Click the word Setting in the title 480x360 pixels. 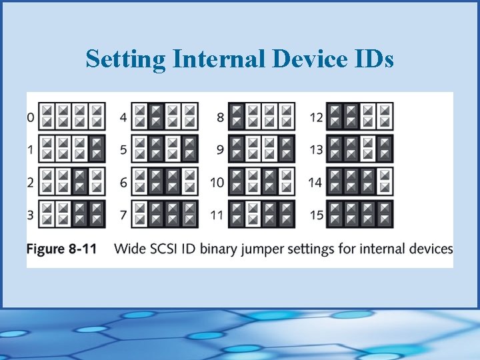[x=126, y=59]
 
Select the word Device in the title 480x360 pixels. [x=308, y=59]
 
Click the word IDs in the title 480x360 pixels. [x=373, y=59]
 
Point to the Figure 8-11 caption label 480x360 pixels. [x=61, y=249]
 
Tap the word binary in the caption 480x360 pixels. [x=218, y=249]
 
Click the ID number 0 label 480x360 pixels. [x=31, y=117]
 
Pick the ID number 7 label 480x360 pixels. [x=123, y=215]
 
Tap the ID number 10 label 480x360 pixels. [x=217, y=183]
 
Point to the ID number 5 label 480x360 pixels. [x=123, y=150]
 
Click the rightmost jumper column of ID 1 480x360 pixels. [x=97, y=149]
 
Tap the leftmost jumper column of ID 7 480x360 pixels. [x=140, y=214]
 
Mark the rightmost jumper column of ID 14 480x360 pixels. [x=385, y=181]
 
